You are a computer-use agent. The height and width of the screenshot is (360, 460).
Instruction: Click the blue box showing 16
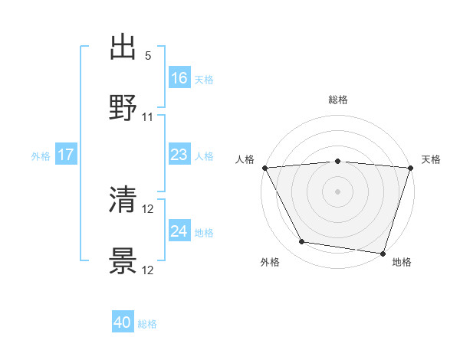[x=179, y=78]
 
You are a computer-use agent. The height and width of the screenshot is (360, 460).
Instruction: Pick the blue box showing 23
[x=179, y=155]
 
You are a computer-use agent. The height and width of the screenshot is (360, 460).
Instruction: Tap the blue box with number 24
[x=179, y=231]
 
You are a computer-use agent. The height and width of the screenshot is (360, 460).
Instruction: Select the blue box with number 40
[x=123, y=322]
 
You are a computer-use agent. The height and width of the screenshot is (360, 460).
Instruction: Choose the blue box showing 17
[x=66, y=155]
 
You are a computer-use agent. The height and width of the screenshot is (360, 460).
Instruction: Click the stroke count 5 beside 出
[x=148, y=56]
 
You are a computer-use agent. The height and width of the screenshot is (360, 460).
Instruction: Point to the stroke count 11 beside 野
[x=148, y=117]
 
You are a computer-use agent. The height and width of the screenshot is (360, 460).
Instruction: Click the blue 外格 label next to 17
[x=41, y=155]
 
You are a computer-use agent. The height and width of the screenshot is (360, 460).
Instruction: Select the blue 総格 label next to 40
[x=147, y=324]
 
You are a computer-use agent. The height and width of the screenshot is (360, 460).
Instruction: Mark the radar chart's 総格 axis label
[x=337, y=100]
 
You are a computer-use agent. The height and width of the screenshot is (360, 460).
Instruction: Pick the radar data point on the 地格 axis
[x=383, y=253]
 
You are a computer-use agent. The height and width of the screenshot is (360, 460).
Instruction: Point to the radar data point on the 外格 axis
[x=302, y=242]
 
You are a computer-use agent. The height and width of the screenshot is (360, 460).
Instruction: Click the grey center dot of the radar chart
[x=337, y=191]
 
